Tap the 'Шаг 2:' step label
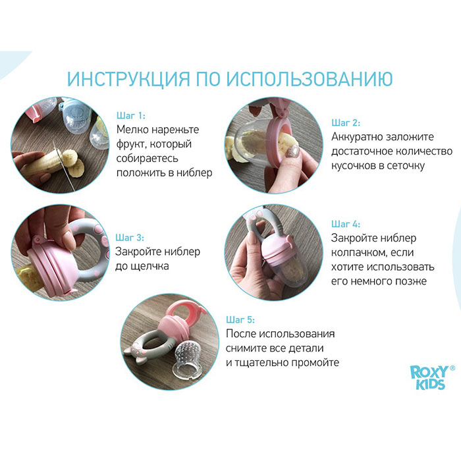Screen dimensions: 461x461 point(345,122)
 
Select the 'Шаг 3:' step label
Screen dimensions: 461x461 point(130,237)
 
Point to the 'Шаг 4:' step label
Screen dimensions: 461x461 point(345,224)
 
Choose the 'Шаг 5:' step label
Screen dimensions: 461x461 point(240,319)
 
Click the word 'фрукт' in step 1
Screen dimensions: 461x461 point(134,144)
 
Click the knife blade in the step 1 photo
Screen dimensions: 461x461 point(67,159)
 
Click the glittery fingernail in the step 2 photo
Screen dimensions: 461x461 point(290,151)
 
